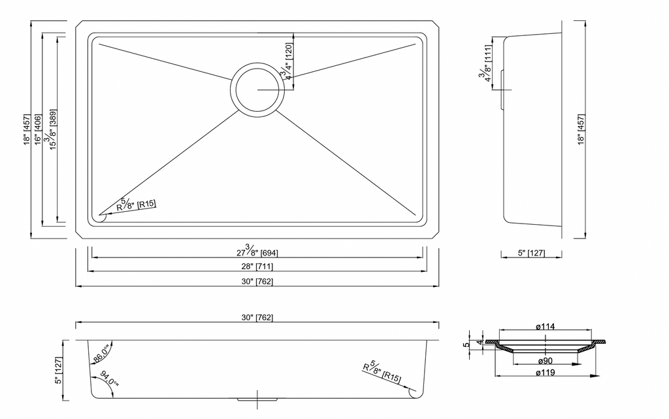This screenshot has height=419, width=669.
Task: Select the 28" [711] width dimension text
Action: [257, 267]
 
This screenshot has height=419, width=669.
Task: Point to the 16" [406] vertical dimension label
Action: [39, 129]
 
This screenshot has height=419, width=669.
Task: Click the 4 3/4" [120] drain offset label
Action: [287, 62]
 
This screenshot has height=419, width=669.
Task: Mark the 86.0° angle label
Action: [102, 353]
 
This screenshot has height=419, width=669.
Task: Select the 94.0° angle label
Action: [109, 378]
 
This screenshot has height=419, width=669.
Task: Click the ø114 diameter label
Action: [546, 327]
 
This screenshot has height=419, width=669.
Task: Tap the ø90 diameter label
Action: [546, 361]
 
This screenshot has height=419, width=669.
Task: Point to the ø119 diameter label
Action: [546, 373]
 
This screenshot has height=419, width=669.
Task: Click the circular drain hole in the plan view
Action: [257, 90]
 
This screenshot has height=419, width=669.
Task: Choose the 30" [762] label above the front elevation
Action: [257, 318]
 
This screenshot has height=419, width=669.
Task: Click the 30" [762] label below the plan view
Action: [257, 282]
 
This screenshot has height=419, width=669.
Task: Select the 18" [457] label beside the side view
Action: [581, 129]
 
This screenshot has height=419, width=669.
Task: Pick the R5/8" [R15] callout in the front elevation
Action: [382, 372]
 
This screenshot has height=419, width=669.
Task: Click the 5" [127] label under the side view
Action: [531, 253]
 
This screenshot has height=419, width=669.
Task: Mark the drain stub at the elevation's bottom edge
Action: [257, 400]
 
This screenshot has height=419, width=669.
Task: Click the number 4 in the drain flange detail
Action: [479, 343]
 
